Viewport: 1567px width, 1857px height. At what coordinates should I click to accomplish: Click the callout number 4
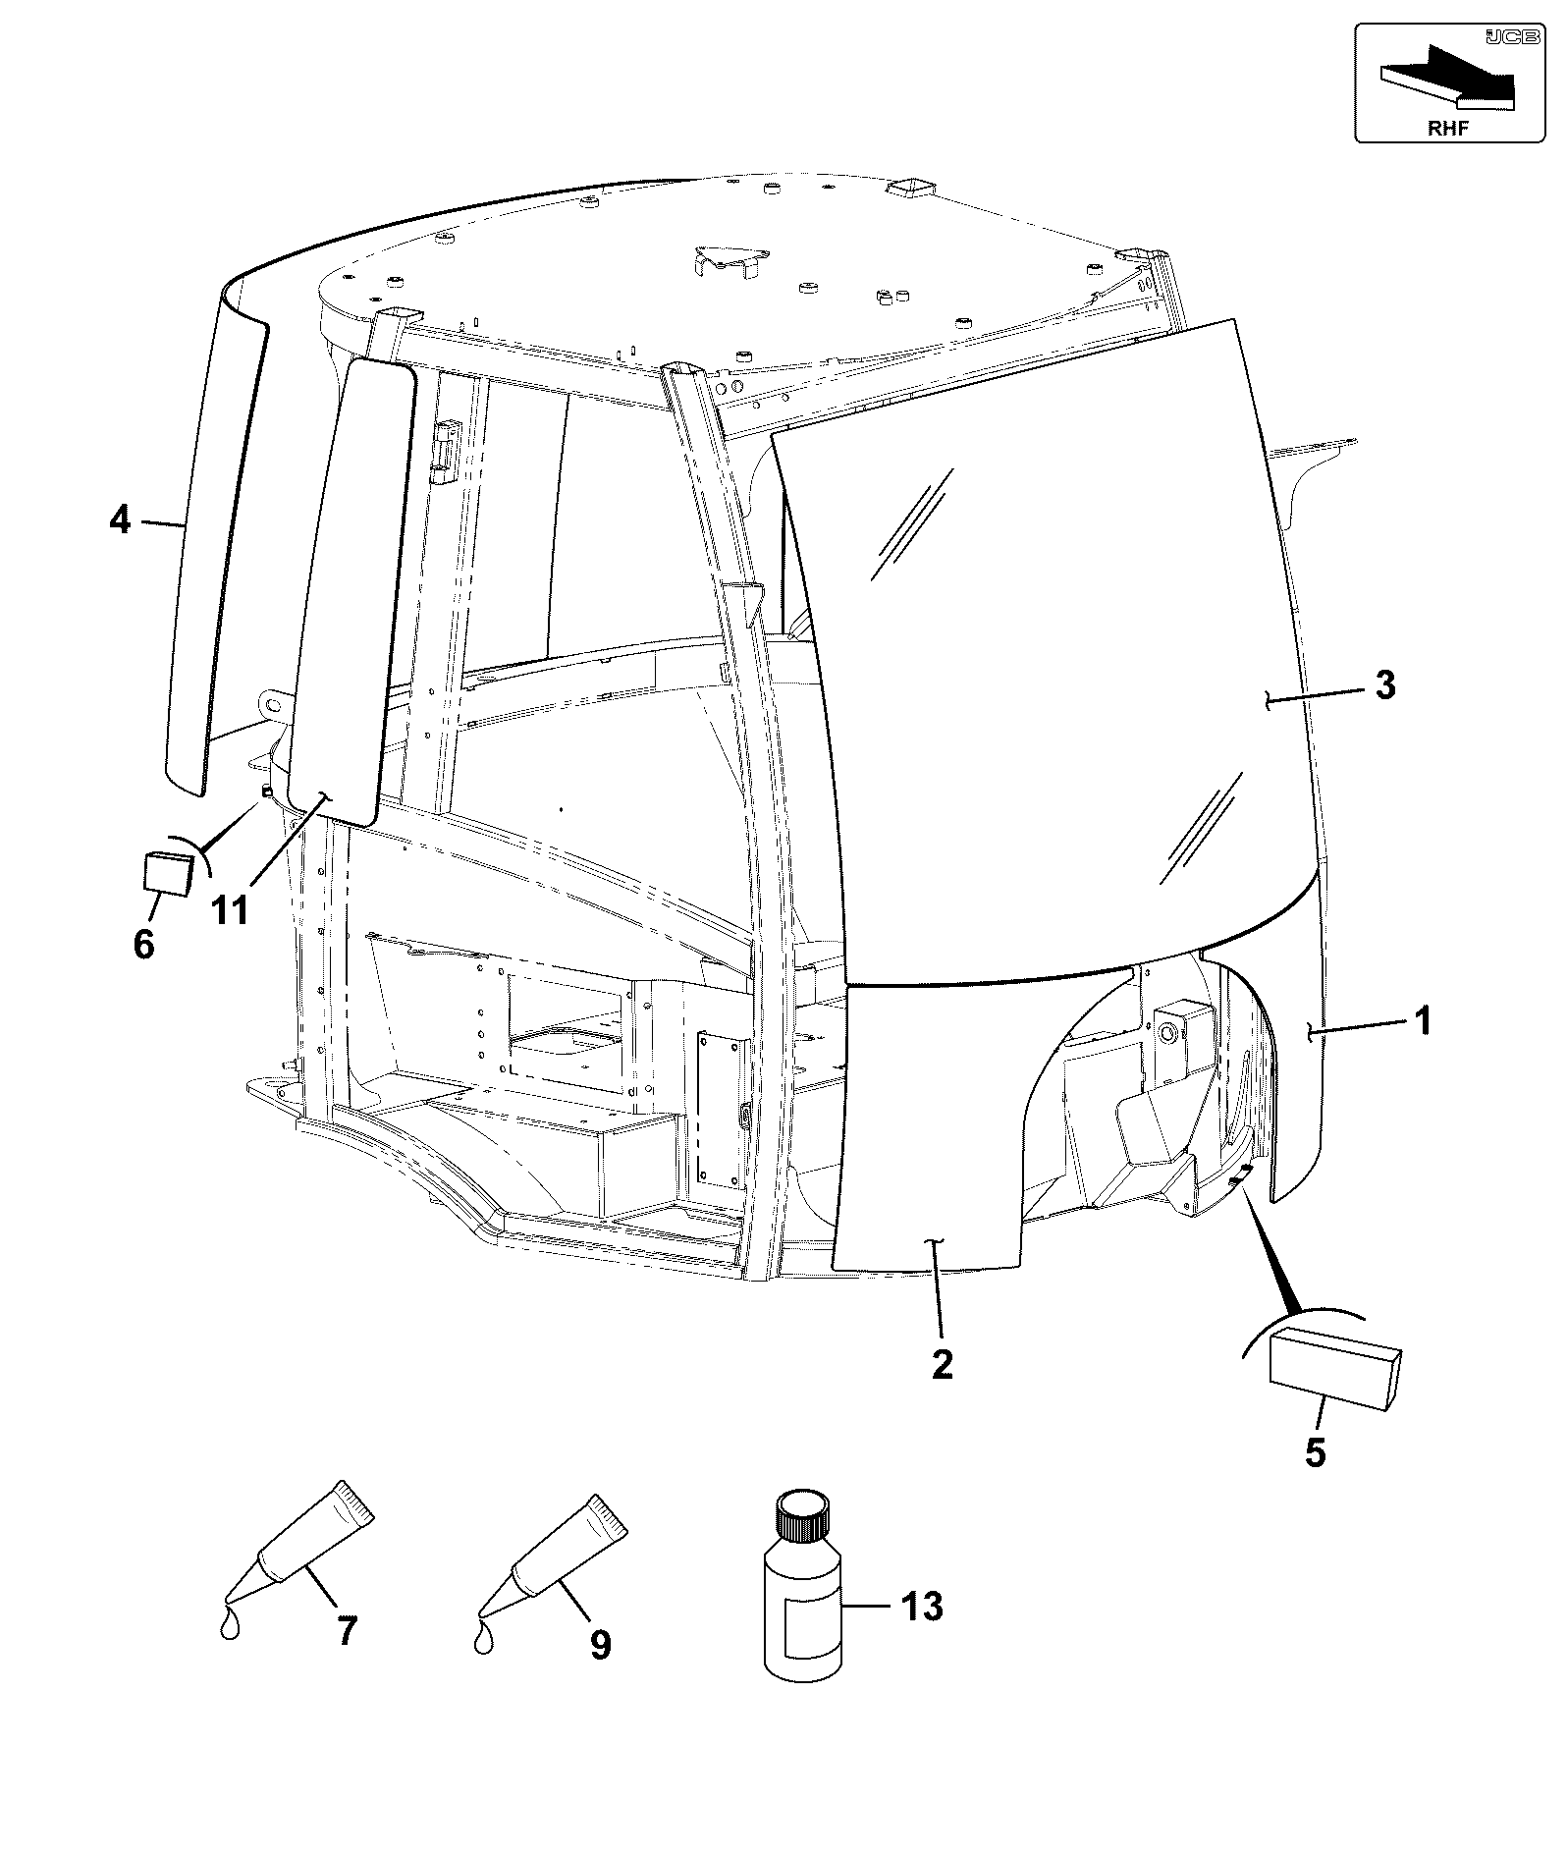pyautogui.click(x=120, y=519)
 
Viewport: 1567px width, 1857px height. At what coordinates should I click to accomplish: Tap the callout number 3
pyautogui.click(x=1384, y=684)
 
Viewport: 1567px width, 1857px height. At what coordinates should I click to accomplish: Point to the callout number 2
pyautogui.click(x=942, y=1364)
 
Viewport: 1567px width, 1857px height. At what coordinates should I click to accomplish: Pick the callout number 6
pyautogui.click(x=144, y=945)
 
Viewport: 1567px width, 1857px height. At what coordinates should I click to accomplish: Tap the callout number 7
pyautogui.click(x=347, y=1631)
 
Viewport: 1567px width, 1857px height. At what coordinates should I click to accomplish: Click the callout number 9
pyautogui.click(x=600, y=1644)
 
